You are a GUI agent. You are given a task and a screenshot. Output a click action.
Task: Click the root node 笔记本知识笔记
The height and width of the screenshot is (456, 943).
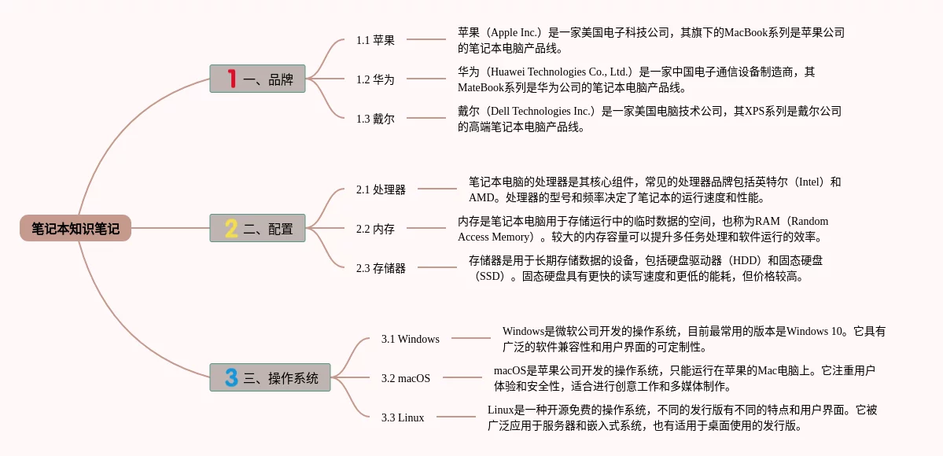click(x=76, y=228)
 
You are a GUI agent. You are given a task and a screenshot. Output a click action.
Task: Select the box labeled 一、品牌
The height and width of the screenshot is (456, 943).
click(x=257, y=79)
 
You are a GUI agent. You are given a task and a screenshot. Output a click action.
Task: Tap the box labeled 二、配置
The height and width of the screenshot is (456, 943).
click(x=257, y=228)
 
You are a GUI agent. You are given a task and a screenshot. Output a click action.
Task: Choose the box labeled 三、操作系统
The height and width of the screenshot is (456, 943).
click(x=270, y=377)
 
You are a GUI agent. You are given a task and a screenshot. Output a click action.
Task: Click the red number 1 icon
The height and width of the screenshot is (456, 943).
click(x=231, y=79)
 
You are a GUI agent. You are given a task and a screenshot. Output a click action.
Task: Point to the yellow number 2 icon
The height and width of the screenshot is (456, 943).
click(x=231, y=228)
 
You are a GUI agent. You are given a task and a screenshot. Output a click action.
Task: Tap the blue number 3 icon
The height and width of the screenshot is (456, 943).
click(x=231, y=377)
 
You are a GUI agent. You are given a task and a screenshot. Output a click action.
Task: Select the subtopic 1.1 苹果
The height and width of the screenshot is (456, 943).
click(x=375, y=40)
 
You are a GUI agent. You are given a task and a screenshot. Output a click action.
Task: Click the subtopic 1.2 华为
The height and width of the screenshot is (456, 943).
click(x=375, y=79)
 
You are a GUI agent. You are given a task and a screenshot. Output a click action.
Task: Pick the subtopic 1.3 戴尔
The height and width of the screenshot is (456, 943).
click(x=375, y=119)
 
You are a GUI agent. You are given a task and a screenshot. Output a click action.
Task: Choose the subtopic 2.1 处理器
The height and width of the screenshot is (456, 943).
click(x=381, y=189)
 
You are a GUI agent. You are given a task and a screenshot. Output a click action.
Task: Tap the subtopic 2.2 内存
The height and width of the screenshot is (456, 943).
click(x=375, y=229)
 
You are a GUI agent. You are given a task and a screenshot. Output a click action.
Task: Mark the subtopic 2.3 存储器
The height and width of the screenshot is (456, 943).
click(x=381, y=268)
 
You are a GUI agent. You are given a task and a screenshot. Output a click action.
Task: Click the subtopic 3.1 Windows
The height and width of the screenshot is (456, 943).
click(x=410, y=339)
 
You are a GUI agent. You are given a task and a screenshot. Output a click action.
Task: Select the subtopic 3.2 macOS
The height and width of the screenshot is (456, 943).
click(x=405, y=378)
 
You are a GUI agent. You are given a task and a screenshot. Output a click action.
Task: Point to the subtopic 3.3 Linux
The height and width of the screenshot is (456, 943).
click(x=402, y=417)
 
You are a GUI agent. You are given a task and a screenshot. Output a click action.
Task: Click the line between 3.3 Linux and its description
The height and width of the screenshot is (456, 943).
click(x=456, y=417)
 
